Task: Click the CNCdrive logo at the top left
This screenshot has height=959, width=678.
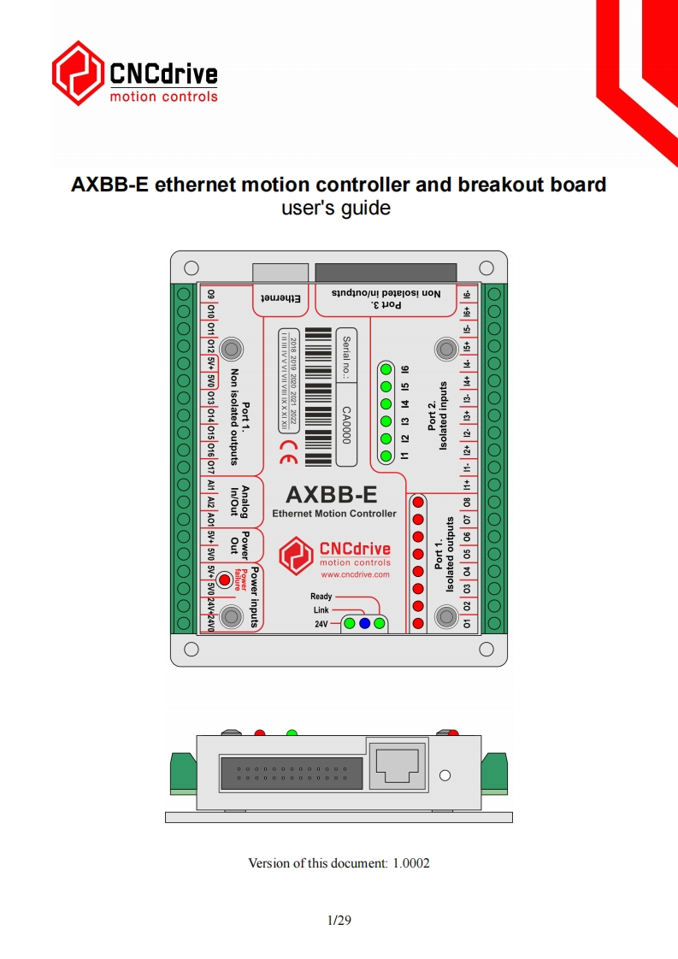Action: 134,74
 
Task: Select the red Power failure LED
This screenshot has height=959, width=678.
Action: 225,580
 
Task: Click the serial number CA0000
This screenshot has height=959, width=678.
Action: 346,424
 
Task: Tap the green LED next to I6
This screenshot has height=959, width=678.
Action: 386,370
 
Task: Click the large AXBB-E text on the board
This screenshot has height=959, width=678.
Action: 331,495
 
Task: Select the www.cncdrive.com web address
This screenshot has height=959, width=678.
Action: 355,574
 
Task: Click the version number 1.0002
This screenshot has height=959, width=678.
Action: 411,863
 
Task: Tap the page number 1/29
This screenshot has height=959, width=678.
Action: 339,921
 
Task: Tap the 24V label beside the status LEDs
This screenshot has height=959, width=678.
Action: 321,624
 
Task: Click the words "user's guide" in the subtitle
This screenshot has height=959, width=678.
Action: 336,208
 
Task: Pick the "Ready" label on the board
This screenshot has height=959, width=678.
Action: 321,597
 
